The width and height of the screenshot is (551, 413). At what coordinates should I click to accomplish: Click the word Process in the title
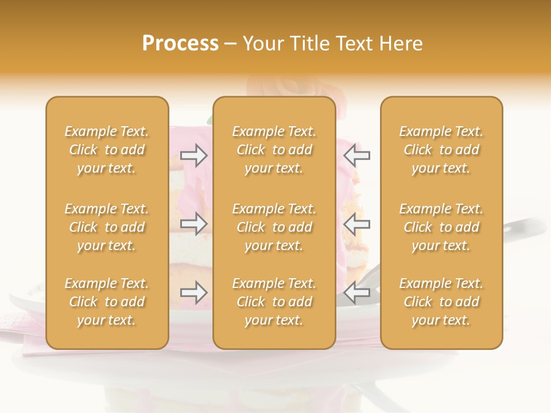click(x=180, y=44)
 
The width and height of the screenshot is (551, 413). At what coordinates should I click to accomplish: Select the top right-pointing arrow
click(x=194, y=155)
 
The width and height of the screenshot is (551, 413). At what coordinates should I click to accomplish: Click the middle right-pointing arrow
click(x=194, y=224)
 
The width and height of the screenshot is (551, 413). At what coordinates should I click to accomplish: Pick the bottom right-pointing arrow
click(x=194, y=293)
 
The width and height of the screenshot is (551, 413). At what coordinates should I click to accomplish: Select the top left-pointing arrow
click(x=357, y=155)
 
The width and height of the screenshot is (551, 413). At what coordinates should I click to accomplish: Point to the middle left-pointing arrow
click(x=357, y=224)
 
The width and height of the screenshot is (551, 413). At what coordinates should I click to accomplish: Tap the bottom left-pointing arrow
click(x=357, y=293)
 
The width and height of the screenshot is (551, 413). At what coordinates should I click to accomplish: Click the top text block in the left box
click(x=107, y=150)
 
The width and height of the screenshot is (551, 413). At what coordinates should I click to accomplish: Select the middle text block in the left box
click(x=107, y=227)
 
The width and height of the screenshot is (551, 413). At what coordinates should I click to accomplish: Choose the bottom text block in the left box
click(x=107, y=302)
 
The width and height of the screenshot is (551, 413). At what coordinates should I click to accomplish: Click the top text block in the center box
click(x=274, y=150)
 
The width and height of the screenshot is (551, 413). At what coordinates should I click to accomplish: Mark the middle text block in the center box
click(x=274, y=227)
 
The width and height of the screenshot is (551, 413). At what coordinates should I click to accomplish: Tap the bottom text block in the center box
click(x=274, y=302)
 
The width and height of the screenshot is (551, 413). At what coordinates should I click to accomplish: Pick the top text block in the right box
click(x=441, y=150)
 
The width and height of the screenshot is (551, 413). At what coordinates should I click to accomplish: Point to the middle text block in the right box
click(x=441, y=227)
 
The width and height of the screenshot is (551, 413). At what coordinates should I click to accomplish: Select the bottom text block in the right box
click(x=441, y=302)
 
